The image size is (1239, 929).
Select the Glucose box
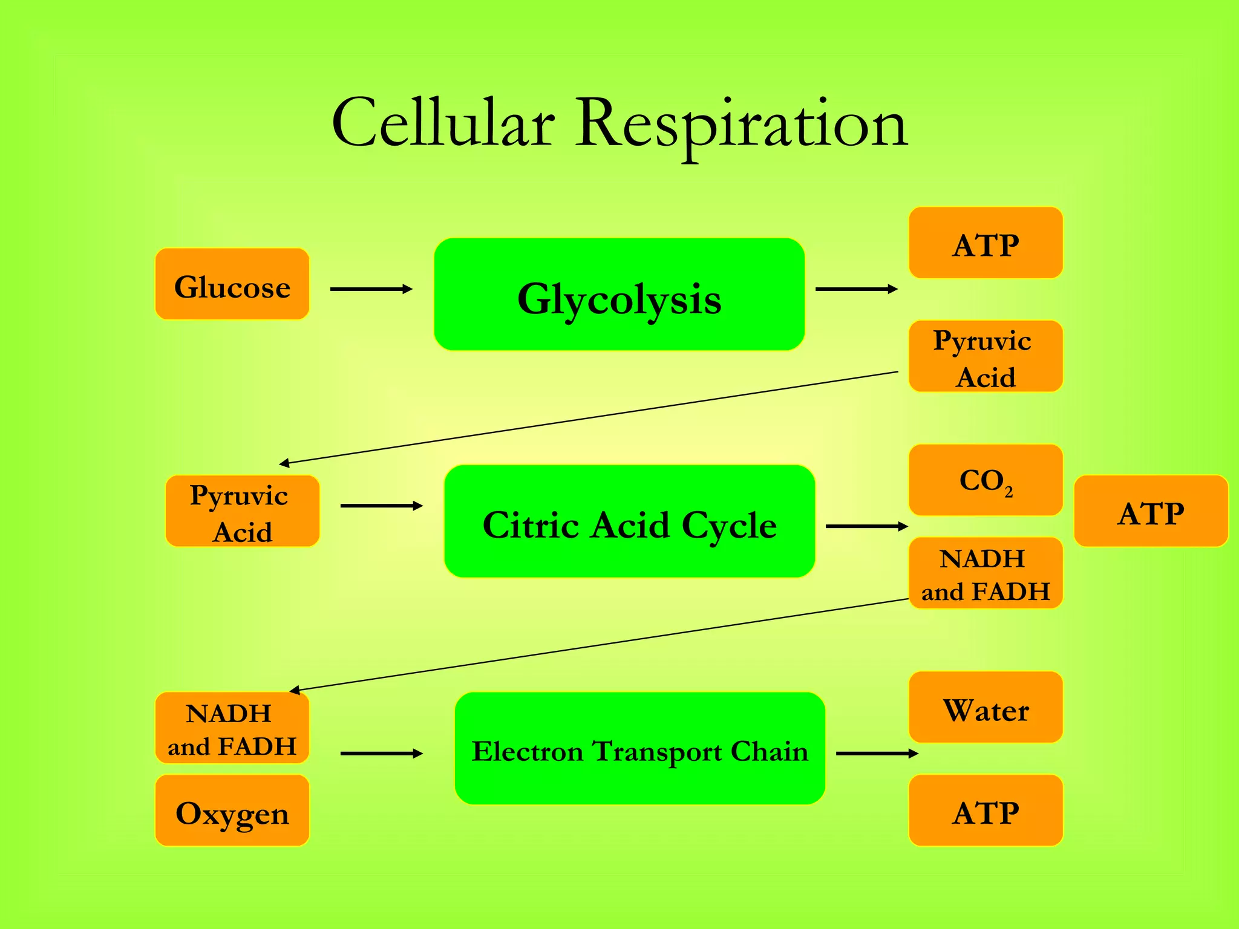tap(232, 284)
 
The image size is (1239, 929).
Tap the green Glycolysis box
tap(619, 295)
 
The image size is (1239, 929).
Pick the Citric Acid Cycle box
tap(629, 521)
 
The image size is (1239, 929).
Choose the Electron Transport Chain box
tap(639, 748)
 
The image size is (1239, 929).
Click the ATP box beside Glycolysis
tap(986, 243)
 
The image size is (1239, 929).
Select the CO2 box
tap(986, 480)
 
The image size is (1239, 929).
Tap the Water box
tap(986, 707)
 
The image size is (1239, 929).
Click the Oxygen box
tap(232, 810)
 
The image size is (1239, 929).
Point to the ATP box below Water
tap(986, 810)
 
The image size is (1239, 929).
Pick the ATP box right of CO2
tap(1151, 511)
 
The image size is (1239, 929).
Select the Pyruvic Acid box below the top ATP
tap(986, 356)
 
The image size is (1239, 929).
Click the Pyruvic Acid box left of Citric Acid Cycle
tap(242, 511)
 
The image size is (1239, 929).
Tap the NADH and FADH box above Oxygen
tap(232, 728)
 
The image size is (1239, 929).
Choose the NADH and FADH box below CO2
tap(986, 573)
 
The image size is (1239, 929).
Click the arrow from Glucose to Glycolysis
tap(371, 289)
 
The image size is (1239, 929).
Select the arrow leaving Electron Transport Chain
tap(877, 754)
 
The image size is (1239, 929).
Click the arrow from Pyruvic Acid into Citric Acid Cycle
tap(381, 506)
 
